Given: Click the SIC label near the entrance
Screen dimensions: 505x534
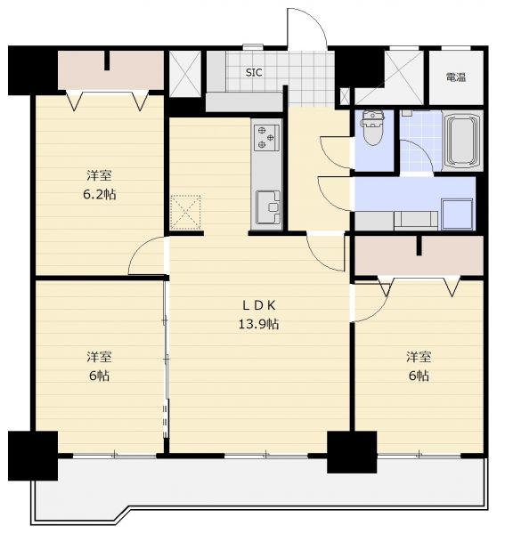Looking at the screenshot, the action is coord(254,73).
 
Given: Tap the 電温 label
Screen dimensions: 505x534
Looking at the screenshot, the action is coord(456,77).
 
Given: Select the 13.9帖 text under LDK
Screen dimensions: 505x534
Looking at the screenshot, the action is coord(258,324).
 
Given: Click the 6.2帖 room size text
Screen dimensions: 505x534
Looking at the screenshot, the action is coord(99,194).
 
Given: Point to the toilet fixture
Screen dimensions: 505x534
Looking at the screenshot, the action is coord(374,127).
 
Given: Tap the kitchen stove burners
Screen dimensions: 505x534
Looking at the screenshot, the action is coord(266,138).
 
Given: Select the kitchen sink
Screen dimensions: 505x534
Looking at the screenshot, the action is coord(268,206).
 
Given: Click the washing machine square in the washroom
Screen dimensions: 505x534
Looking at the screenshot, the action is coord(457,214).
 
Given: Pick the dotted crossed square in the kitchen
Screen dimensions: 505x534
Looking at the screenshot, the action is coord(185,212).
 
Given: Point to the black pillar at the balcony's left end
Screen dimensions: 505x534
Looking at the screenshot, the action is coord(33,456).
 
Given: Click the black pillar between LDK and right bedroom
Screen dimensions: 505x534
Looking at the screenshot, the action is coord(352,452).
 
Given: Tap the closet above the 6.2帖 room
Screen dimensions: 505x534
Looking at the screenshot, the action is coord(110,70).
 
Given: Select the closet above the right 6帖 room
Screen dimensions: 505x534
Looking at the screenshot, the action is coord(419,255).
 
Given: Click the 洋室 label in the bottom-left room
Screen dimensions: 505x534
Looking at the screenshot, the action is coord(99,357).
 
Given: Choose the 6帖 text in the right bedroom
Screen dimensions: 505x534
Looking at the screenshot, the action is coord(419,376).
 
